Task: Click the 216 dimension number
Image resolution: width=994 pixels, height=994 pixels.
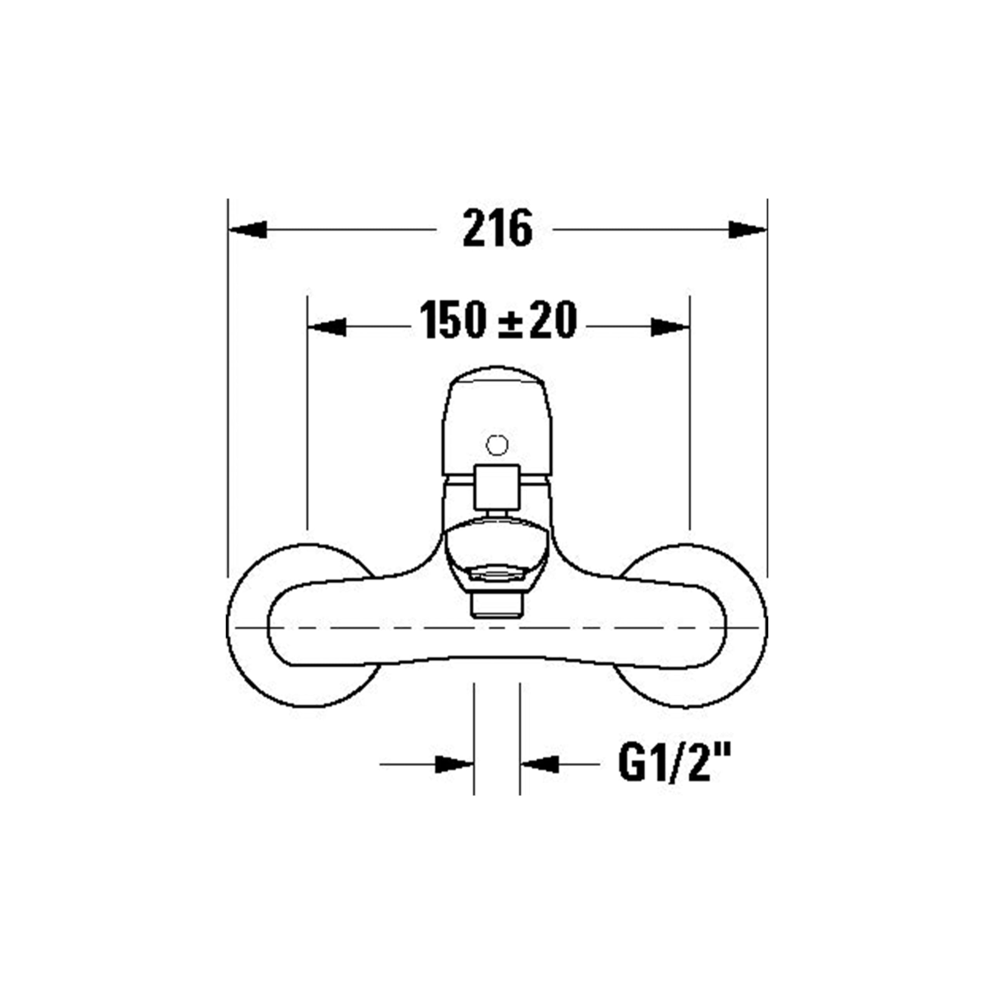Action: click(497, 228)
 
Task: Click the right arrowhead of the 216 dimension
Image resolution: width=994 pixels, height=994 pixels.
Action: click(747, 229)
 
